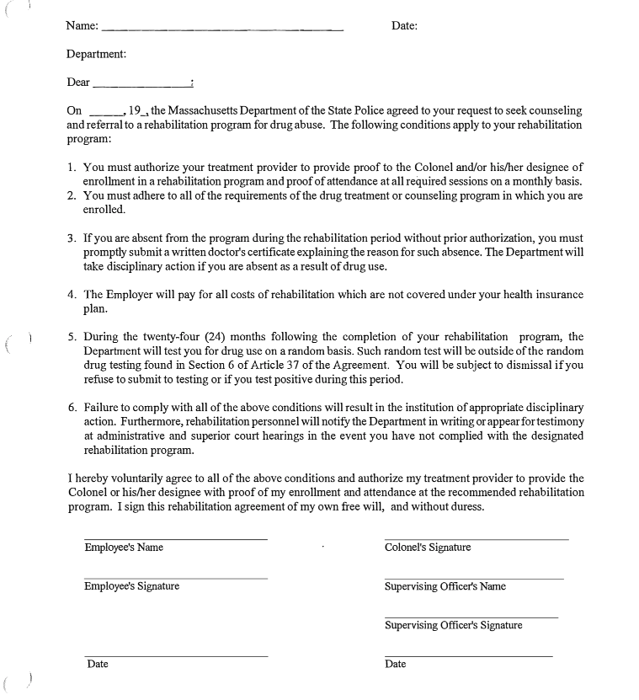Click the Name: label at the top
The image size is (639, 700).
click(x=82, y=26)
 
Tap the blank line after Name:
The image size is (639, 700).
click(x=221, y=30)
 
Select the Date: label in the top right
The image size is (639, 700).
click(x=404, y=26)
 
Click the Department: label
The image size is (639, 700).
click(x=97, y=55)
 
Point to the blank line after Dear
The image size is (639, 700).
click(x=141, y=86)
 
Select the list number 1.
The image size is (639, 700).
click(x=72, y=168)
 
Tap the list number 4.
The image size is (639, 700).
click(x=72, y=295)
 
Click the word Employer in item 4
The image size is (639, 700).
click(x=131, y=295)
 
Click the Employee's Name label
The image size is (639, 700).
click(x=124, y=548)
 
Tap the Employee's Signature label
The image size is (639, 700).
click(x=131, y=586)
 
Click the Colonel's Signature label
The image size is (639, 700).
click(x=428, y=548)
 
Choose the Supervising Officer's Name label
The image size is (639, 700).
click(x=445, y=586)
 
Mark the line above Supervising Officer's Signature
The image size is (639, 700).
click(x=471, y=617)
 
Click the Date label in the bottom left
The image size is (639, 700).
click(x=98, y=664)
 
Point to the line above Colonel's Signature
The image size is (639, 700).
click(x=476, y=539)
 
